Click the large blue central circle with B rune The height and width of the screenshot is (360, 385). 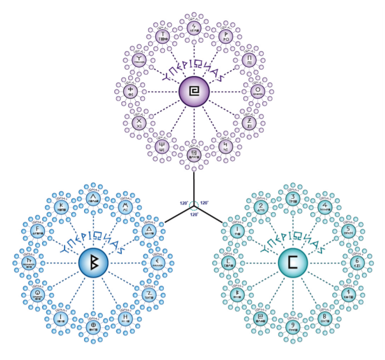tap(93, 262)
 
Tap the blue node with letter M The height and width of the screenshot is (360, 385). tap(125, 207)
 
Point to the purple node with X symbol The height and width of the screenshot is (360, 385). tap(139, 123)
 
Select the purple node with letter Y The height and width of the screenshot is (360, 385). tap(139, 60)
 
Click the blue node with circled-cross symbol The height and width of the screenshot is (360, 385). tap(93, 326)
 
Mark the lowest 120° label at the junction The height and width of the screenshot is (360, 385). tap(193, 214)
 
